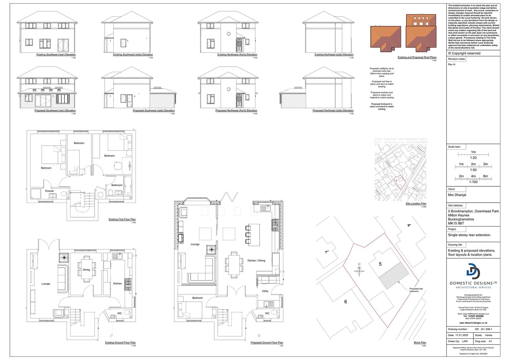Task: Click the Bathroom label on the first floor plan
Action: [x=117, y=185]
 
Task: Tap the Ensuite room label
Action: [x=49, y=191]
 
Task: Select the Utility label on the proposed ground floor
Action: [x=265, y=291]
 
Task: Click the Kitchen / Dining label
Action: [x=256, y=261]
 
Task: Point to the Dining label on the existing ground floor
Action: [x=86, y=270]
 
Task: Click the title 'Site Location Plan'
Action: [x=416, y=204]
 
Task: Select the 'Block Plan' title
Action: [x=420, y=343]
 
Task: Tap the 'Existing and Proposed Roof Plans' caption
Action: [x=417, y=57]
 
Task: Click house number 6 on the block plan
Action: [x=346, y=302]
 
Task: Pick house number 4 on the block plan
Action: [x=409, y=226]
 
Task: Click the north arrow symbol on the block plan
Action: [x=359, y=270]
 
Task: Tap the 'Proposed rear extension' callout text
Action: [x=416, y=290]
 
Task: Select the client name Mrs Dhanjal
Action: [x=457, y=195]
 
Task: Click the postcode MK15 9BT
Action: [x=456, y=224]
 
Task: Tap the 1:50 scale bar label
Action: [x=473, y=170]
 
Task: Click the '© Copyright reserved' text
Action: [x=464, y=53]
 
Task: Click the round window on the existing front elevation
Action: [x=228, y=34]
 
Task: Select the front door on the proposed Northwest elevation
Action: [x=239, y=101]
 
